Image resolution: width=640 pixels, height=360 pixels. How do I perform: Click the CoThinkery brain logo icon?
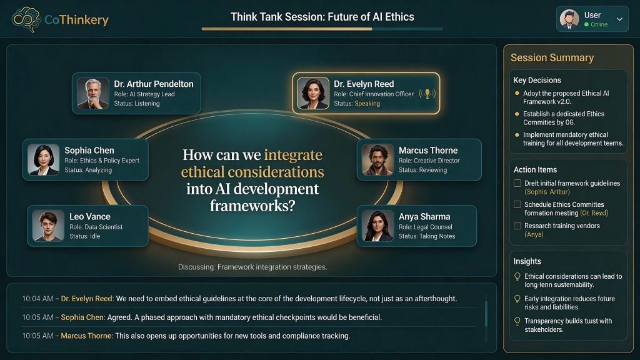pos(26,19)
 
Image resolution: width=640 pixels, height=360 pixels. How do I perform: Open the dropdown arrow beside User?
pos(619,19)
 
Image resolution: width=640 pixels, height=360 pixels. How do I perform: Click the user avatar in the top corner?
pos(569,19)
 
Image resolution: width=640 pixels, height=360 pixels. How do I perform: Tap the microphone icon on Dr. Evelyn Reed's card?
pos(427,94)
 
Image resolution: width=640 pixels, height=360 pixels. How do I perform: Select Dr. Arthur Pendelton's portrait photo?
pos(93,93)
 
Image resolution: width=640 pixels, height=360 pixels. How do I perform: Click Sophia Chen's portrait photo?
pos(43,159)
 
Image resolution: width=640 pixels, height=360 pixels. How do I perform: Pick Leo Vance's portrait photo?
pos(48,226)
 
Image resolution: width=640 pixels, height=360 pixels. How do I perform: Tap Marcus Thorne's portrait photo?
pos(377,159)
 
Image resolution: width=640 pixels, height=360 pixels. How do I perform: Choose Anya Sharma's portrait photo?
pos(377,226)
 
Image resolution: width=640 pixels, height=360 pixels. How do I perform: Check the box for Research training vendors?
pos(517,225)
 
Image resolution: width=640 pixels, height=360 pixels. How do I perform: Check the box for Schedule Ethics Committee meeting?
pos(517,204)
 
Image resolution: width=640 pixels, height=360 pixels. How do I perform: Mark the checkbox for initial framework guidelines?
pos(517,183)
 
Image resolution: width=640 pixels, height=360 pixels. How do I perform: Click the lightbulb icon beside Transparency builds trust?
pos(517,321)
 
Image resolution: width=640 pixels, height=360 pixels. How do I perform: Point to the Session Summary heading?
pos(552,57)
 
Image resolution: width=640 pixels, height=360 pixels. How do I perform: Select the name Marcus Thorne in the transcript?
pos(86,336)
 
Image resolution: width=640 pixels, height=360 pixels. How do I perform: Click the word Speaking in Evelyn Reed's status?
pos(367,104)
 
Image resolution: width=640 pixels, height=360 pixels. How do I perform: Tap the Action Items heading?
pos(535,169)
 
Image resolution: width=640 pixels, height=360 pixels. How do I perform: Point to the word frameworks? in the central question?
pos(252,205)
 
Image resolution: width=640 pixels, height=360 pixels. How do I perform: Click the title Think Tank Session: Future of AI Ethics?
pos(322,17)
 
